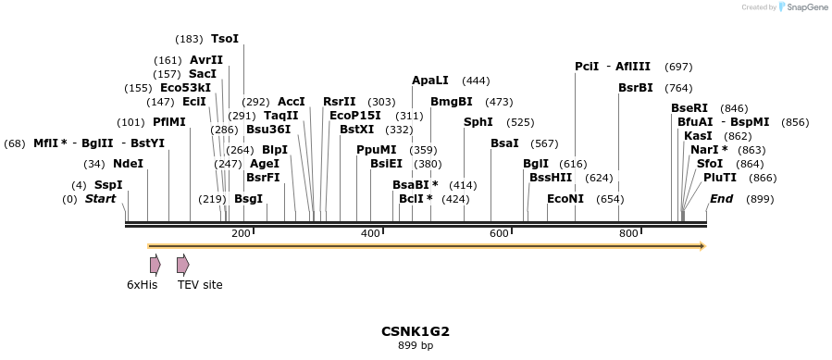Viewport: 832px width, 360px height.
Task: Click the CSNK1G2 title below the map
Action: [x=416, y=330]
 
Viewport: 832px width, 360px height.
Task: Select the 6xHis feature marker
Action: [x=155, y=265]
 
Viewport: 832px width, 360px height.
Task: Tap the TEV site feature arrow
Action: [x=182, y=265]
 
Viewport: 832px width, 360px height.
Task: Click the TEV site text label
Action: [x=200, y=285]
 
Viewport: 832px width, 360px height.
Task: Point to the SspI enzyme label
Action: [x=108, y=185]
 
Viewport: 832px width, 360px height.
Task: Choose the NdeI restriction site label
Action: [x=128, y=164]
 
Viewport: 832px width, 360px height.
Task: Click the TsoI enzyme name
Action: [x=225, y=39]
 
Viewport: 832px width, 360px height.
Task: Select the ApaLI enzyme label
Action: [x=430, y=81]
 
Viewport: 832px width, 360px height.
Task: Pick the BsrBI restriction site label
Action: [x=636, y=88]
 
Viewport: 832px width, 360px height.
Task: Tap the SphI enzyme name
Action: [x=478, y=122]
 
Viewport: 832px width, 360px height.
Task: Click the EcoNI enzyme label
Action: [x=565, y=199]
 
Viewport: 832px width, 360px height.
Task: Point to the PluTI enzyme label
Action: [x=720, y=177]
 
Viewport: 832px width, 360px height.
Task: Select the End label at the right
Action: [x=722, y=199]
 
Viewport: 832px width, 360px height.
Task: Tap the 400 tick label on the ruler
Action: [x=370, y=233]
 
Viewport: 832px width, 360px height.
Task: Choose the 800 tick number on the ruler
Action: [x=628, y=233]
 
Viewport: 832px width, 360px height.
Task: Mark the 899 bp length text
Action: [x=416, y=345]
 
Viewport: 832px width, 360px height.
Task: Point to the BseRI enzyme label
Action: [x=689, y=108]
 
